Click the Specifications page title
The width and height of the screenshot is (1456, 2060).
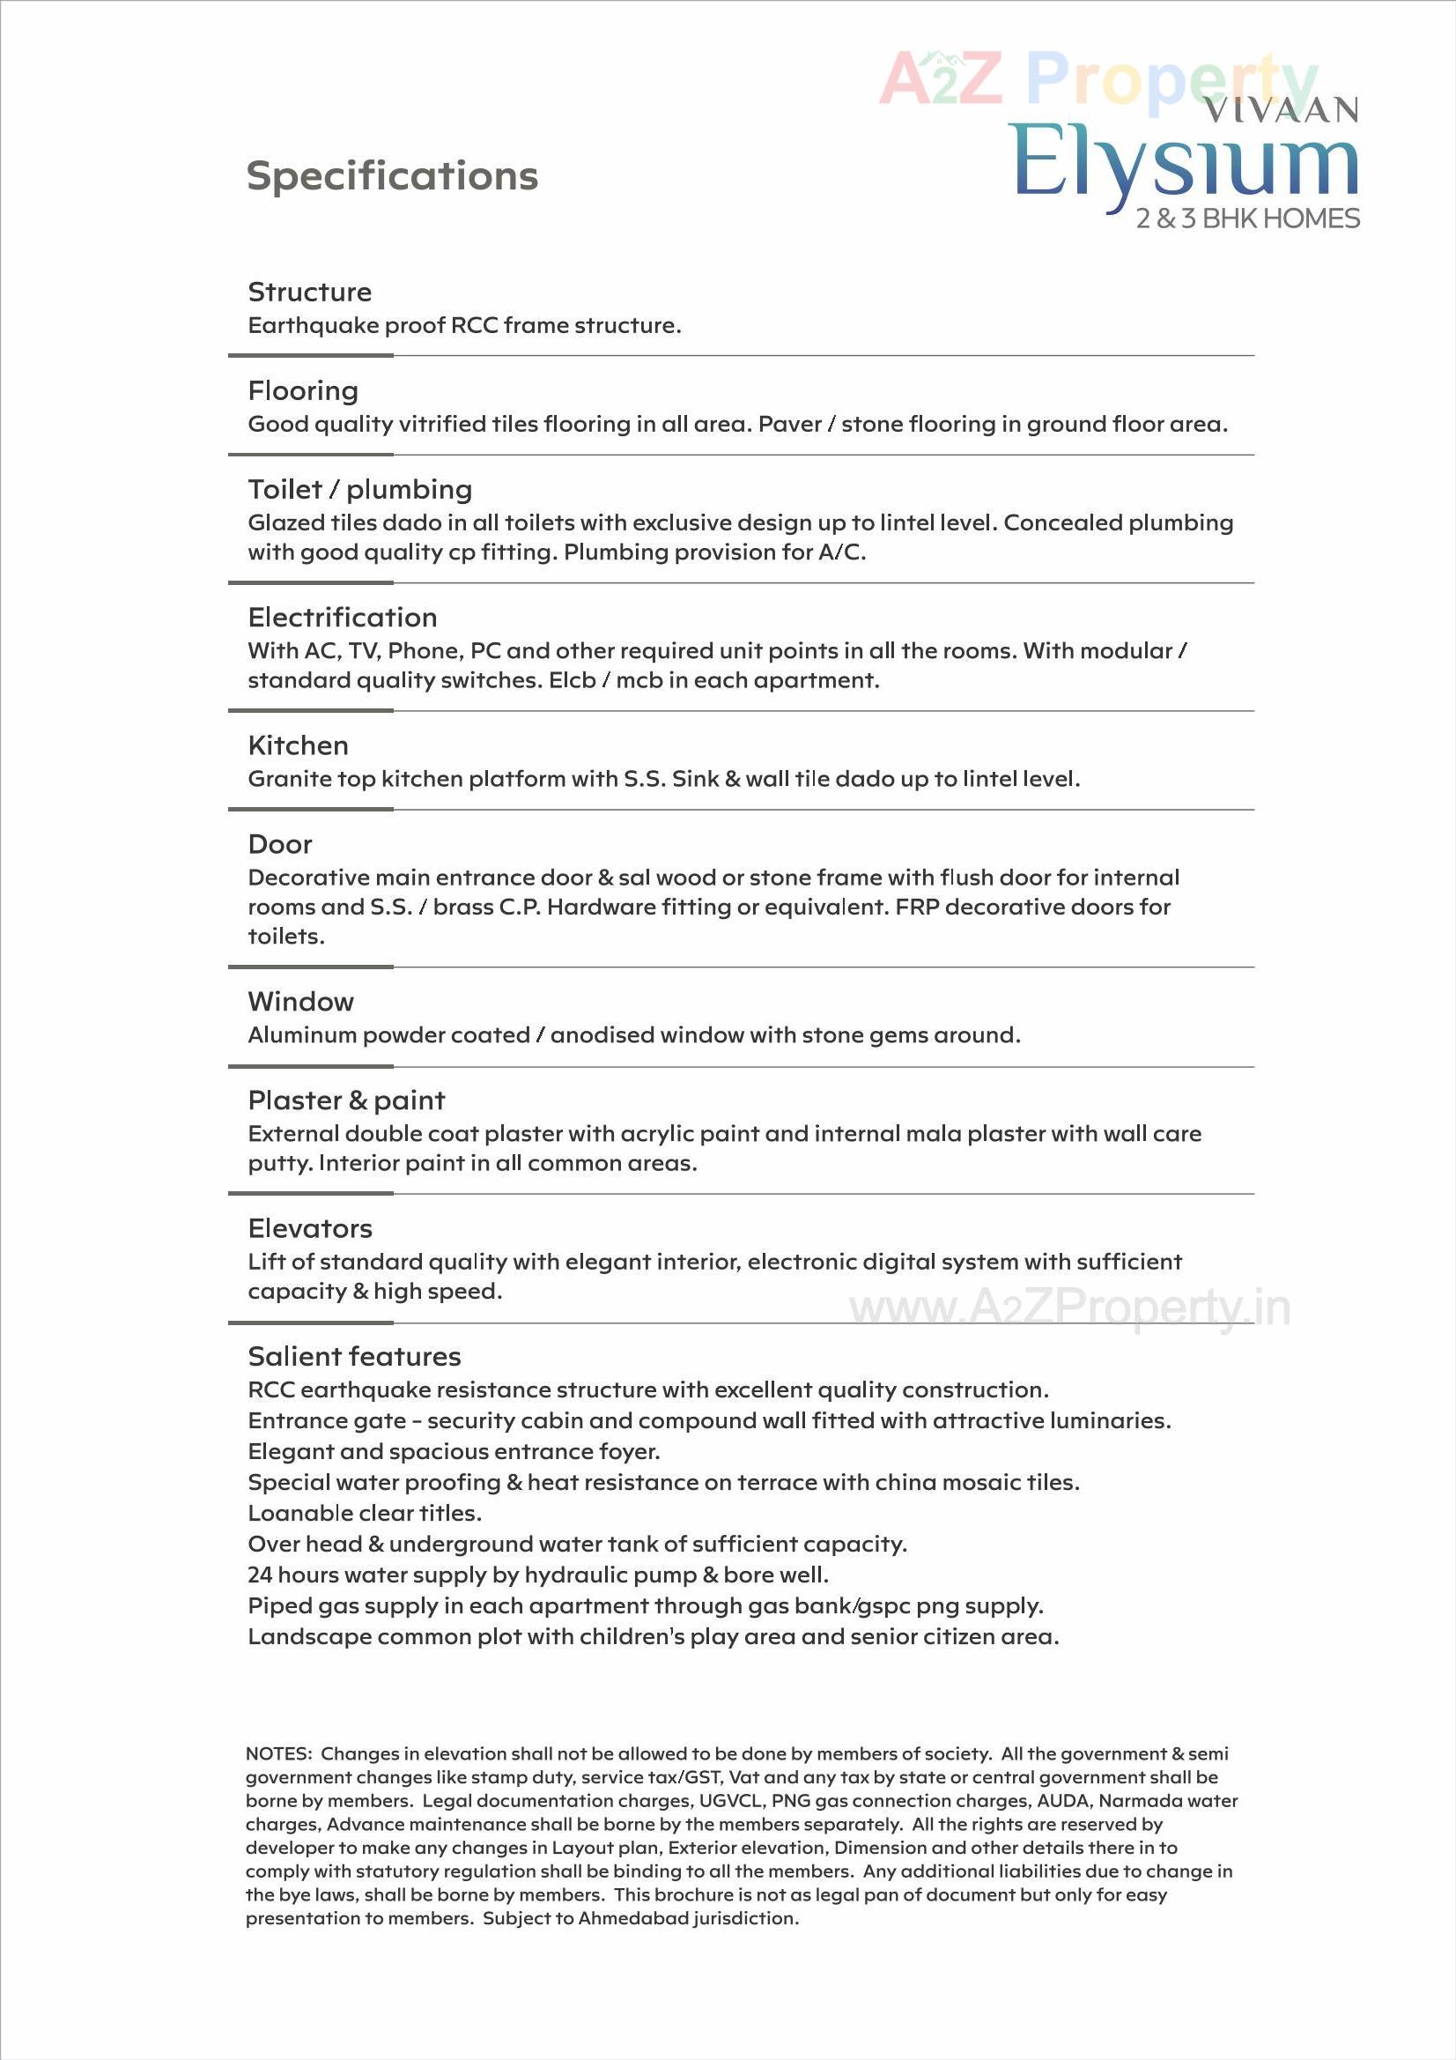(x=392, y=176)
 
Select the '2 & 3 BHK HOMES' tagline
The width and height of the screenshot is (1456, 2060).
(x=1247, y=219)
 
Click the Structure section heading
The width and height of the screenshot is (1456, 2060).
(x=309, y=292)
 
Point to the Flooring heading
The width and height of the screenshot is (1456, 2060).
(x=303, y=390)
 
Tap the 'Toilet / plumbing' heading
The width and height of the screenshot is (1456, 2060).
(x=359, y=489)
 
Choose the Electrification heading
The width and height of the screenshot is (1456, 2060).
(x=343, y=618)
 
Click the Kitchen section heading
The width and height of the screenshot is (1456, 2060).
(x=298, y=745)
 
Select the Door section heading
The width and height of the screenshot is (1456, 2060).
(x=280, y=844)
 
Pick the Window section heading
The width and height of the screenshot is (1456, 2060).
(x=300, y=1001)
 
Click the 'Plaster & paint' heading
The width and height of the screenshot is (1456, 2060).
(x=346, y=1100)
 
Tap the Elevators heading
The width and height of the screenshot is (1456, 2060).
(x=310, y=1228)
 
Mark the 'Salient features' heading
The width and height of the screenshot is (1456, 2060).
(x=354, y=1357)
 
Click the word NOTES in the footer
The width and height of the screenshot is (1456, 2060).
(x=277, y=1753)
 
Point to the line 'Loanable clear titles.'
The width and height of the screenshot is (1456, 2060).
(x=365, y=1513)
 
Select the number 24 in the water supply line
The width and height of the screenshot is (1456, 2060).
(x=259, y=1575)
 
